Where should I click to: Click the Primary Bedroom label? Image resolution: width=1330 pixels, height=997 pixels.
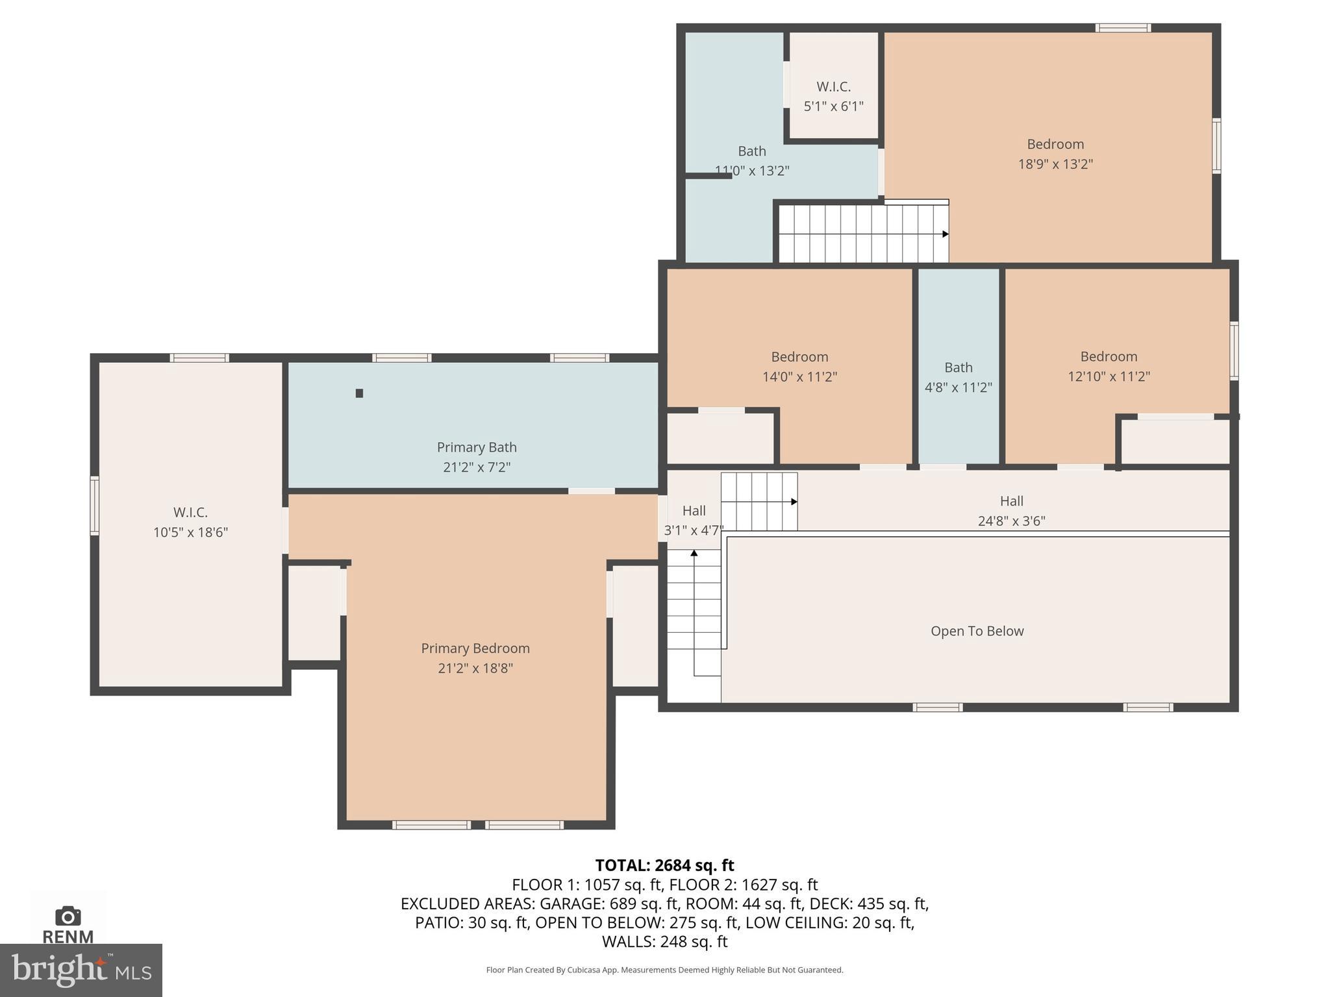point(475,648)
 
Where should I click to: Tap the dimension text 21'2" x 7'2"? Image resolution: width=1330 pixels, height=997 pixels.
point(477,467)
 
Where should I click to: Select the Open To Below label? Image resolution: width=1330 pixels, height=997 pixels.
point(977,631)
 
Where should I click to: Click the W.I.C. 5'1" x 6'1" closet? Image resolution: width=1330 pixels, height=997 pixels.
point(833,95)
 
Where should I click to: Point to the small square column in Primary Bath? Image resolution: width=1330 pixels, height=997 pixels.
point(359,393)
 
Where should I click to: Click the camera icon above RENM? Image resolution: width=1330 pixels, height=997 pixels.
point(68,916)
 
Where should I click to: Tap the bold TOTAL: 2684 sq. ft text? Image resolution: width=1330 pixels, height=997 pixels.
point(664,865)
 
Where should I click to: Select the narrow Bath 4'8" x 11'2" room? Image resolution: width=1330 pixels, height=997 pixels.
point(958,376)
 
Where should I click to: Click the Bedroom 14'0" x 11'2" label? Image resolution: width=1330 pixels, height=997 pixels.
point(799,357)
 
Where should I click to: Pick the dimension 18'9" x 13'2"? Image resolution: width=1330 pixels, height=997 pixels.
point(1055,164)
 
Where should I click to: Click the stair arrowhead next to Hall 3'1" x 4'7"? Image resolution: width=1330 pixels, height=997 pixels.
point(794,502)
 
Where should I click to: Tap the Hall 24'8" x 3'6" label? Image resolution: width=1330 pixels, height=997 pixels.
point(1011,501)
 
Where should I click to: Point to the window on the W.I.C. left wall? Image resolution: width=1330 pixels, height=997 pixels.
point(95,506)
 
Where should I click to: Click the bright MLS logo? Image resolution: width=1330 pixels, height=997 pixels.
point(81,970)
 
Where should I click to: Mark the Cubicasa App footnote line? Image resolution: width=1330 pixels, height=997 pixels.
point(664,970)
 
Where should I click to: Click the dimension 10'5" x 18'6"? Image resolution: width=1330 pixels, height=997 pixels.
point(190,532)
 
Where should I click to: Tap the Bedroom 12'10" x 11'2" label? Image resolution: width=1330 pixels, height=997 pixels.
point(1109,356)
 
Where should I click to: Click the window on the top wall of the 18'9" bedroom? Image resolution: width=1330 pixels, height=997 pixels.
point(1123,28)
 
